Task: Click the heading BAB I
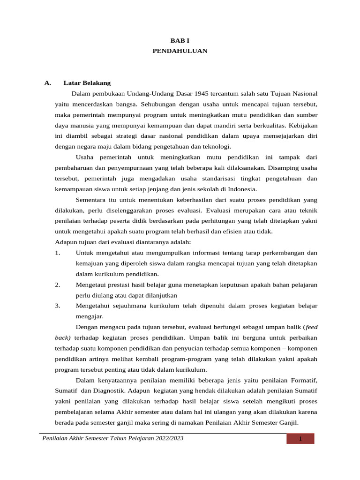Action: pyautogui.click(x=180, y=41)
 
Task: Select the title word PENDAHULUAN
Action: pyautogui.click(x=180, y=51)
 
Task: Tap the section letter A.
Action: pyautogui.click(x=47, y=83)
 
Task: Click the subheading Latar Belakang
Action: pyautogui.click(x=87, y=83)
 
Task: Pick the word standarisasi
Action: pyautogui.click(x=220, y=179)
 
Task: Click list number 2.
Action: pyautogui.click(x=58, y=285)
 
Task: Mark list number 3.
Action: pyautogui.click(x=58, y=306)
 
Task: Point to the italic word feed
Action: pyautogui.click(x=312, y=327)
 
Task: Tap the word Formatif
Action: pyautogui.click(x=301, y=380)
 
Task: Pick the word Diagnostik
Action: pyautogui.click(x=107, y=391)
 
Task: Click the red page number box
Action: pyautogui.click(x=300, y=439)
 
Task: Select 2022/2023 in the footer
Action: pyautogui.click(x=165, y=438)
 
